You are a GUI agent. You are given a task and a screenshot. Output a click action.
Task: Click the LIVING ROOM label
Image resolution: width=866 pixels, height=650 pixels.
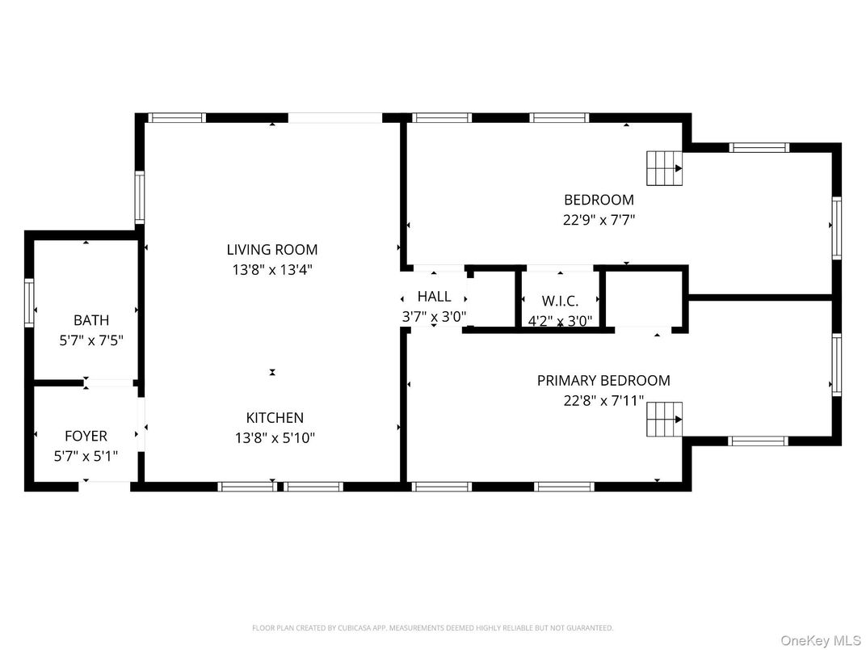point(271,250)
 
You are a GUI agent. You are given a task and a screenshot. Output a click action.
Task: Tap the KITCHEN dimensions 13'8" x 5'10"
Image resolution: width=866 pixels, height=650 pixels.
point(275,438)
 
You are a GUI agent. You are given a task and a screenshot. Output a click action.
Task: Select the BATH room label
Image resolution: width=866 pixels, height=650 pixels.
point(90,320)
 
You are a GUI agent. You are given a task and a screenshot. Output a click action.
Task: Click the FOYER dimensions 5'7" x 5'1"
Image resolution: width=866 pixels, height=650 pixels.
point(86,456)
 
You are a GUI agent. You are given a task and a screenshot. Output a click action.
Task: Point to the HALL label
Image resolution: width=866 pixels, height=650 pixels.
point(434,297)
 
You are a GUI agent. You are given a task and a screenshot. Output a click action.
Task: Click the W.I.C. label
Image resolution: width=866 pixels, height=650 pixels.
point(559,300)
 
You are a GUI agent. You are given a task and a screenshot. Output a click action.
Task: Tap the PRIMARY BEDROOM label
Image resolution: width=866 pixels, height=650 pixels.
point(603,380)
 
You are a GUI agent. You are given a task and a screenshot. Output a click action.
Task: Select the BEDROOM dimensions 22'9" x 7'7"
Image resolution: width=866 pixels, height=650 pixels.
point(599,219)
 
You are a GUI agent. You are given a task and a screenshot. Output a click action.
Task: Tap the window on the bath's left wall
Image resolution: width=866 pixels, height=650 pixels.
point(30,302)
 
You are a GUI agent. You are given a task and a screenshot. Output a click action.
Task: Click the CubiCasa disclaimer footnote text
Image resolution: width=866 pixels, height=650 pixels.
point(432,627)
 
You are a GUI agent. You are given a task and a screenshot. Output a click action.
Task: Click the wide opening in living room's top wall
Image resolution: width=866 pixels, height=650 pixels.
point(334,118)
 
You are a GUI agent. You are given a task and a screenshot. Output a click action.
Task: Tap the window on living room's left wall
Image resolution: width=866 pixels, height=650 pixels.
point(140,197)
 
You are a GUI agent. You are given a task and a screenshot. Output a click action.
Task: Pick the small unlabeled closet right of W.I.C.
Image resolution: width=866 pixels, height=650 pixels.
point(644,298)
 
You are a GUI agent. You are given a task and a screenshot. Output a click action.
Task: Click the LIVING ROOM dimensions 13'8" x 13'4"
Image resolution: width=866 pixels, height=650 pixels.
point(271,269)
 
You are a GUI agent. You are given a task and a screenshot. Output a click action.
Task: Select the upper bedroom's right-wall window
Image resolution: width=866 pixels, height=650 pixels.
point(837,229)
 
